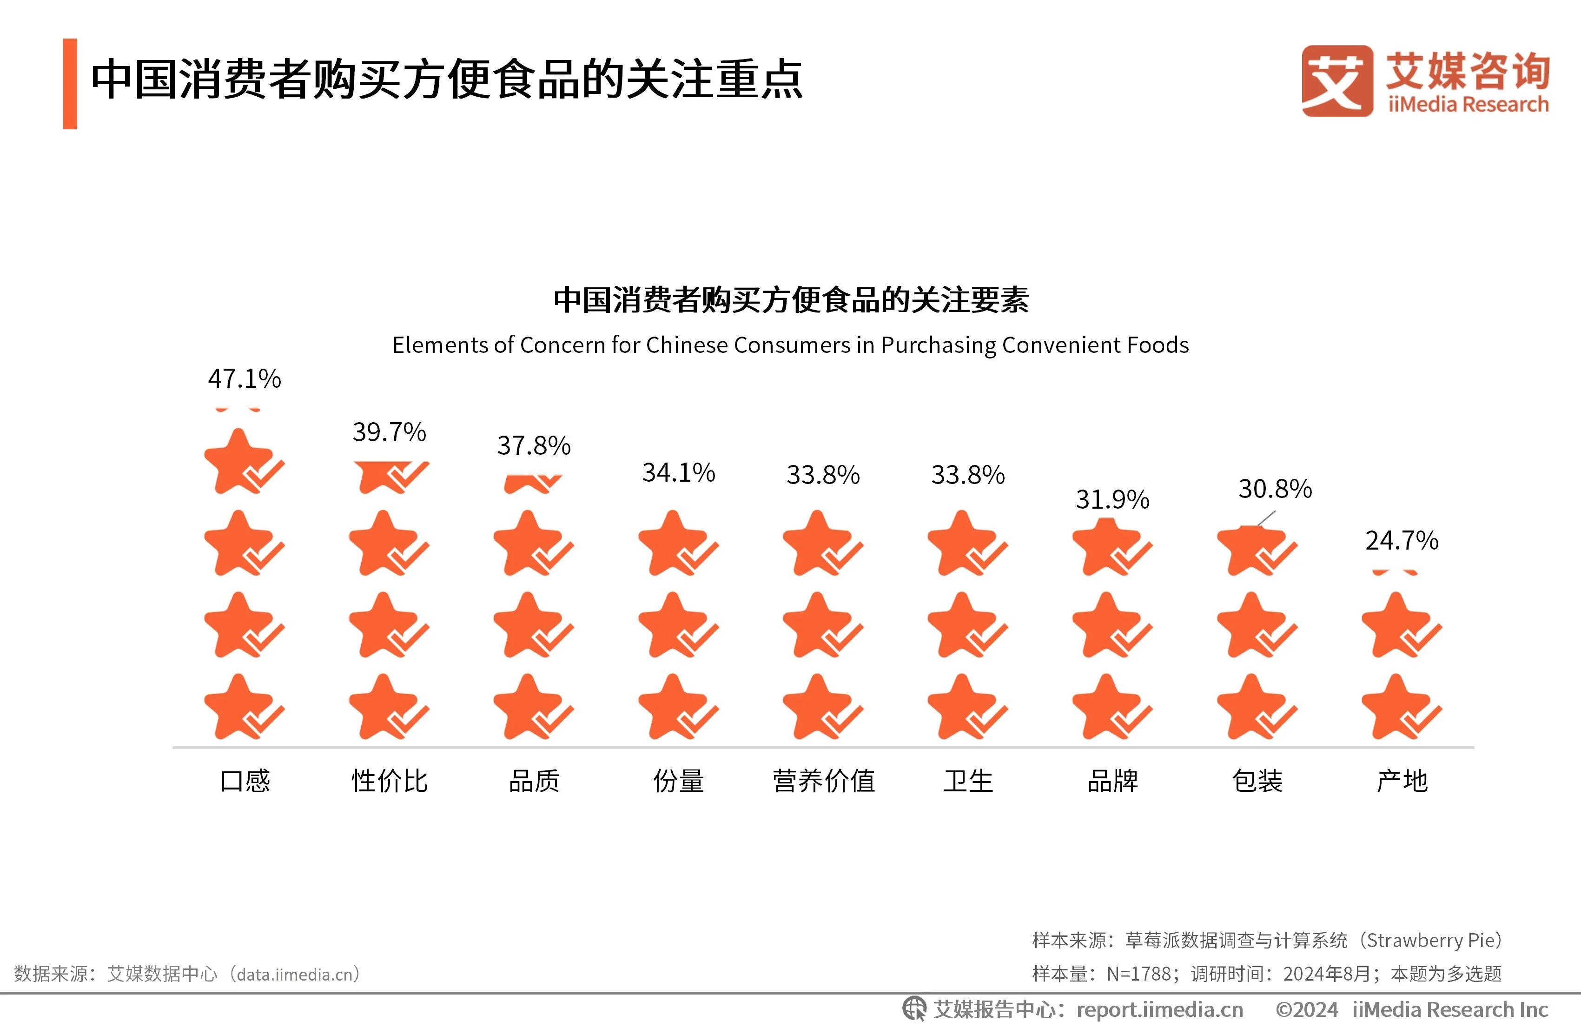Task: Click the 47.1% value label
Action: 245,379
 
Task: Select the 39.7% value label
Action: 389,432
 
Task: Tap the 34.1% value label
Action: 678,472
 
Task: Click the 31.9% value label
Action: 1113,500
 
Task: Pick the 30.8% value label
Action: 1275,489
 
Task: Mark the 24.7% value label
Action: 1402,540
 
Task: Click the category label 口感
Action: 245,781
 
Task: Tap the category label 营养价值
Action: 824,781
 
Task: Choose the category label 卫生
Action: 968,781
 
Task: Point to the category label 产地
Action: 1402,781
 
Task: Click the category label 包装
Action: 1257,781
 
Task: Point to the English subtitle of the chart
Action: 790,345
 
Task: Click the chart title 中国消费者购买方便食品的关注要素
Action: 790,300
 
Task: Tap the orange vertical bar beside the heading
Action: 70,84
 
